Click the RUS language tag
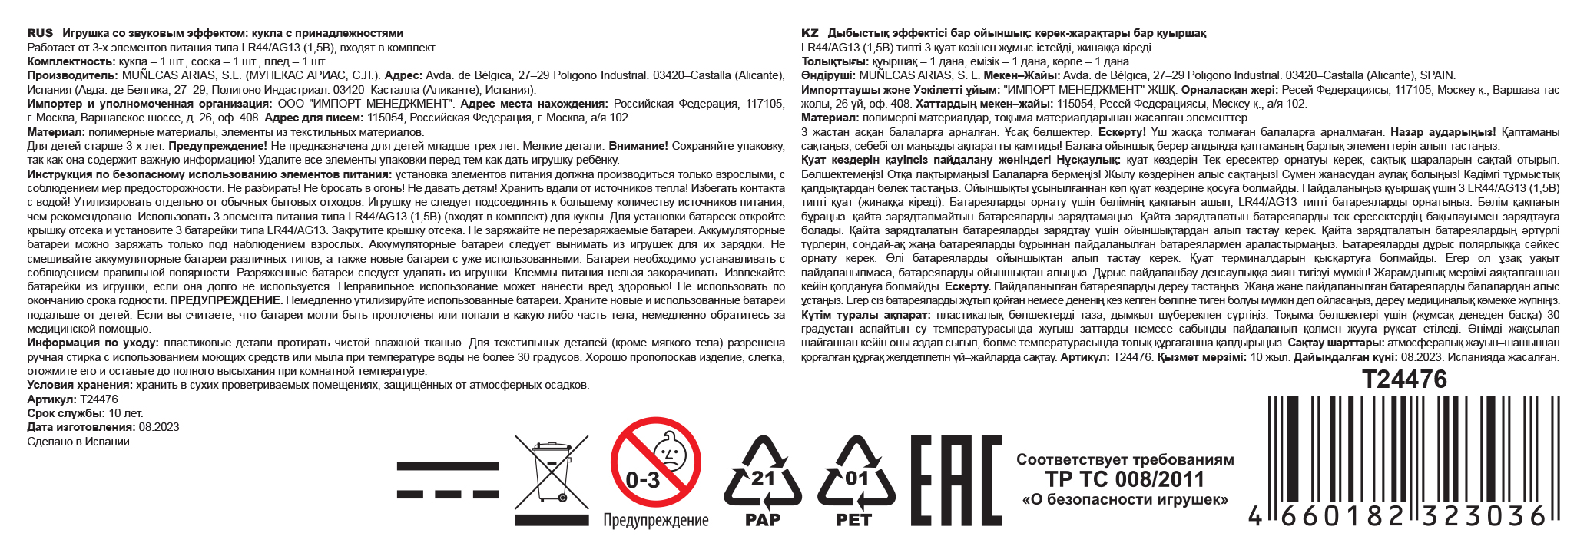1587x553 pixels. click(x=40, y=33)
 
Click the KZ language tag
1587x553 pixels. click(x=810, y=33)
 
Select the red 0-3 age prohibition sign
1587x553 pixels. click(x=655, y=462)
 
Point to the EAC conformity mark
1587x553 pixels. click(x=955, y=480)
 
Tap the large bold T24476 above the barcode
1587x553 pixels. click(x=1404, y=379)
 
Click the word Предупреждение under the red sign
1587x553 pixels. click(x=655, y=521)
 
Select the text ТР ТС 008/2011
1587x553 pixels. click(x=1125, y=480)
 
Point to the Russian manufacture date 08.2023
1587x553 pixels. click(x=159, y=428)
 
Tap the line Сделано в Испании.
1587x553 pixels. click(x=80, y=442)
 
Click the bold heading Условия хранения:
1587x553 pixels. click(x=80, y=386)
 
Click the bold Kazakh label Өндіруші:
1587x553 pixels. click(x=828, y=75)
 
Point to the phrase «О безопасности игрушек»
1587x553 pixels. click(x=1125, y=500)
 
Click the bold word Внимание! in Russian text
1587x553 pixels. click(x=638, y=146)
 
